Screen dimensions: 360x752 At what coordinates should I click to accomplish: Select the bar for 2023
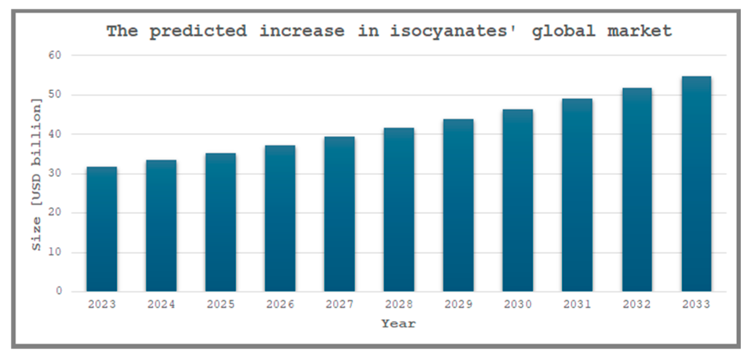[102, 229]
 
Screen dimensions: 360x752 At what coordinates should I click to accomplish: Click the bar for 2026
[280, 218]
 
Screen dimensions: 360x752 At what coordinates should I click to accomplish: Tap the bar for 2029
[458, 205]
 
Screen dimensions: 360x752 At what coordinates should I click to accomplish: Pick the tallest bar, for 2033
[696, 184]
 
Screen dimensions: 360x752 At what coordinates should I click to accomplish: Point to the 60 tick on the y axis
[55, 55]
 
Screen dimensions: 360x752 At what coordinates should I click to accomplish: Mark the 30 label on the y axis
[55, 173]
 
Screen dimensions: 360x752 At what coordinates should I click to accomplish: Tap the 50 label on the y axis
[55, 94]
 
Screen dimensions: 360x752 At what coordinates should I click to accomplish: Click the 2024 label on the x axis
[161, 304]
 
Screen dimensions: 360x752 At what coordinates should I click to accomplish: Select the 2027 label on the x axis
[339, 304]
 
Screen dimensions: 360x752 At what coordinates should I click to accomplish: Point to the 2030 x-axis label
[518, 304]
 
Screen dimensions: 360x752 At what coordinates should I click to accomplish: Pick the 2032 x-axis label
[636, 304]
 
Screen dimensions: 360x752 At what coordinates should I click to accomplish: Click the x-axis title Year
[399, 324]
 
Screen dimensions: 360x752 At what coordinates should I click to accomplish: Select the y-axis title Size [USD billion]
[36, 174]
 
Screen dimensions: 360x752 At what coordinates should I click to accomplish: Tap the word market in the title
[639, 31]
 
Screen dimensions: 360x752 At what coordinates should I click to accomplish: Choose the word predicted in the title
[198, 31]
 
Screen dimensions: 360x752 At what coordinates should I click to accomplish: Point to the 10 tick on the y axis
[55, 252]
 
